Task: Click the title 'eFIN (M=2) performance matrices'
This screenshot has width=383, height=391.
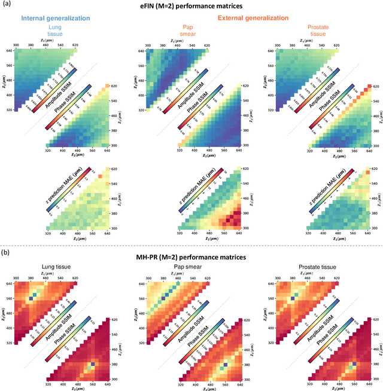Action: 191,5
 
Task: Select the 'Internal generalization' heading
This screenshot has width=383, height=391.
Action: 58,18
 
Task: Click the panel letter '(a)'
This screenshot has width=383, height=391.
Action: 7,5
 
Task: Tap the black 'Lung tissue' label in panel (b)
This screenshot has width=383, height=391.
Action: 58,267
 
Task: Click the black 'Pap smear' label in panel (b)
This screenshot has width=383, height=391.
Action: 190,267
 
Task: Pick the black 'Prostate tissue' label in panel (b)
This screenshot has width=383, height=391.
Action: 321,267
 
